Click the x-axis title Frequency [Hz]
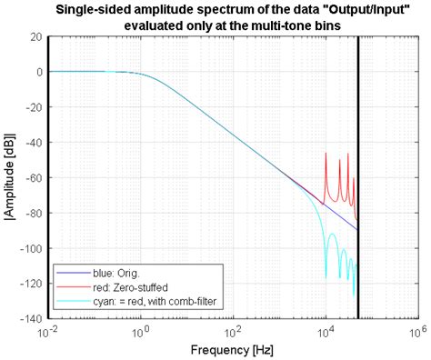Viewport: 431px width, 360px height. tap(233, 349)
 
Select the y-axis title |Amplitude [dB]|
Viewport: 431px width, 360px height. tap(11, 177)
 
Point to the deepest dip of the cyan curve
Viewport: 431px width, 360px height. tap(353, 296)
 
